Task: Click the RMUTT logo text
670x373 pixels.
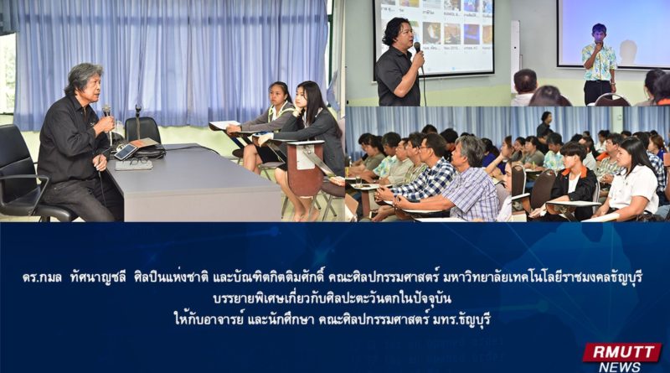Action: pyautogui.click(x=621, y=353)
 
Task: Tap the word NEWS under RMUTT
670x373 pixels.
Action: pyautogui.click(x=620, y=367)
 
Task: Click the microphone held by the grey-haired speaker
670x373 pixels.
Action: pyautogui.click(x=107, y=112)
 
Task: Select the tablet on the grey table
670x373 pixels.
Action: pyautogui.click(x=126, y=152)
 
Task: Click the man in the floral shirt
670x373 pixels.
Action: pyautogui.click(x=599, y=65)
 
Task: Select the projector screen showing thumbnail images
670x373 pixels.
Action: pyautogui.click(x=434, y=37)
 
